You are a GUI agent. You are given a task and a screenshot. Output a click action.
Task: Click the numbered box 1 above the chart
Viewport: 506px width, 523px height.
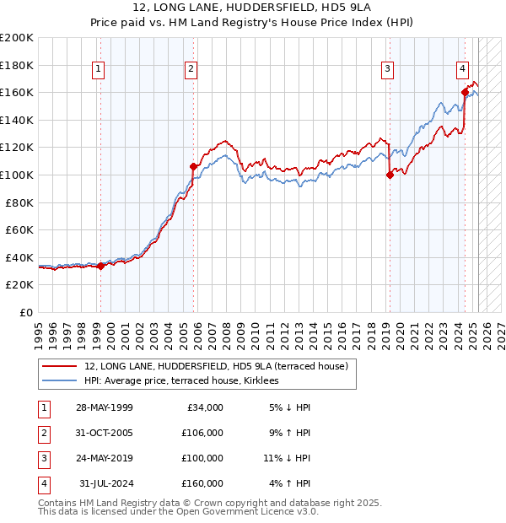[100, 69]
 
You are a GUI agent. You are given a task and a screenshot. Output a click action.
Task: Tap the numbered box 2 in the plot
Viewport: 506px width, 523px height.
[192, 69]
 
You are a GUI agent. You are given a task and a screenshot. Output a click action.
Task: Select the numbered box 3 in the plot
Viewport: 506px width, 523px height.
[387, 69]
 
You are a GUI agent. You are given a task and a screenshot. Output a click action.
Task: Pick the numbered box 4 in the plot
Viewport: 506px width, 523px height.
[463, 69]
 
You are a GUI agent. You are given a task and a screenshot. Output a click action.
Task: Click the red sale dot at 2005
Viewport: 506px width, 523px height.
[193, 166]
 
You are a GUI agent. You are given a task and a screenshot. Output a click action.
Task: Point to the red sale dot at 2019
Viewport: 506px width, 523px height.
[390, 175]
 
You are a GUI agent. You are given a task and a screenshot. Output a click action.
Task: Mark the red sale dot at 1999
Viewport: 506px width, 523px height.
[100, 266]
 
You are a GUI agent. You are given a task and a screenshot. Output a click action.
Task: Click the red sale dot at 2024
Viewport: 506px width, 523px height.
[465, 92]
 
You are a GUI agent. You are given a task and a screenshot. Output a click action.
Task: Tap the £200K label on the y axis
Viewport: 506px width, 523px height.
[17, 38]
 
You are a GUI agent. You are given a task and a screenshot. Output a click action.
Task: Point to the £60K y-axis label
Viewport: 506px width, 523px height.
[20, 229]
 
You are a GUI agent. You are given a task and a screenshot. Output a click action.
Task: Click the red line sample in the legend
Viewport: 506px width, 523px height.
[60, 366]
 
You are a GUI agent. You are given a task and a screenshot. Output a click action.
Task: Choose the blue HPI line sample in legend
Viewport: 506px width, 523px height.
[60, 380]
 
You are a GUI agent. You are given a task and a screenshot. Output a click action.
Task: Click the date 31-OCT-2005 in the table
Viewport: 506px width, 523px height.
[104, 434]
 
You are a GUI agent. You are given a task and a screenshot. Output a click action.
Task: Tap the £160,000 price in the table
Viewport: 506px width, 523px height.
[202, 484]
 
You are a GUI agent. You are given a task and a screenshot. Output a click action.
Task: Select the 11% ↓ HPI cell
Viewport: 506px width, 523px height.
[287, 459]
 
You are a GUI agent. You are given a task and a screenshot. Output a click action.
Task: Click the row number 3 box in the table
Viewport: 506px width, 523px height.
[42, 459]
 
